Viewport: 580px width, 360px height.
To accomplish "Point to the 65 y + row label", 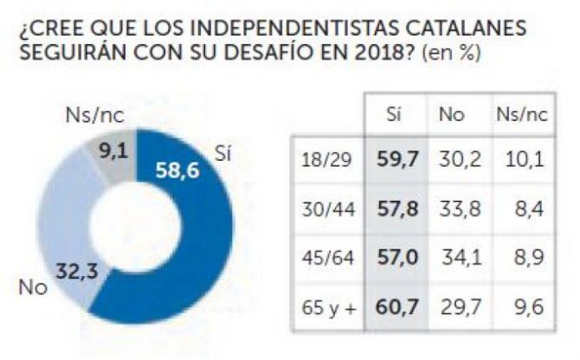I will (x=327, y=305).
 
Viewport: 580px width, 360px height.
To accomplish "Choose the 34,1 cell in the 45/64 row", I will (x=457, y=257).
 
